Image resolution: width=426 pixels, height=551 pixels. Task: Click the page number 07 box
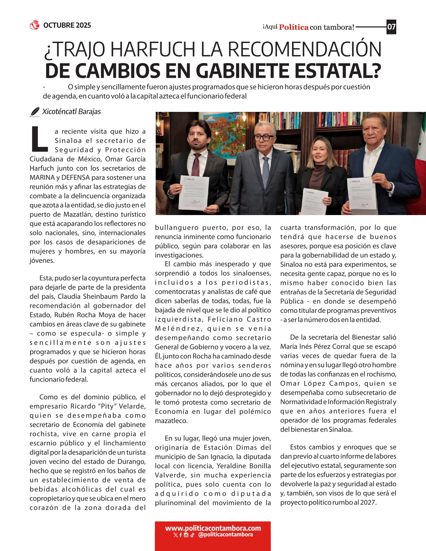click(391, 27)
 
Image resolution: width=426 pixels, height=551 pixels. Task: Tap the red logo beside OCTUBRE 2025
click(34, 25)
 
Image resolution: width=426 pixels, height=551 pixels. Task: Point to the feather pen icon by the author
click(34, 112)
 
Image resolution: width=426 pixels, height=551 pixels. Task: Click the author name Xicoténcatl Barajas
click(72, 112)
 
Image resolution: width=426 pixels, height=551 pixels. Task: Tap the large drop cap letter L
click(39, 139)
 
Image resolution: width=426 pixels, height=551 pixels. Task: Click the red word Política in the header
click(294, 27)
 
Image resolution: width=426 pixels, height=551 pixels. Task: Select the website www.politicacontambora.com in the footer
click(213, 528)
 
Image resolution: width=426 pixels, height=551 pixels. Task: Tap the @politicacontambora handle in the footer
click(226, 535)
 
